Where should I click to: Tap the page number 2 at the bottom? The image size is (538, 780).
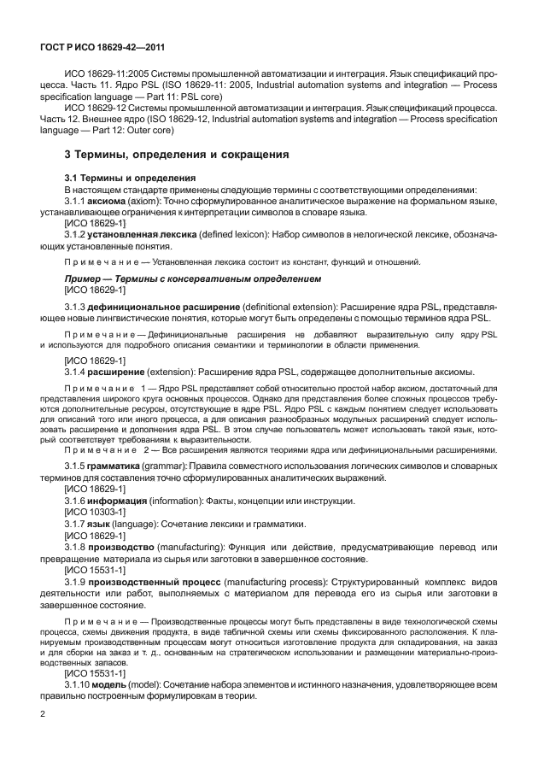click(43, 711)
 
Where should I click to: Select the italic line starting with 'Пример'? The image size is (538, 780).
click(192, 279)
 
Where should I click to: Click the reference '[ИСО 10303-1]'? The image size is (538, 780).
click(94, 510)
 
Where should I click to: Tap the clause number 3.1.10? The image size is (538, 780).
click(79, 687)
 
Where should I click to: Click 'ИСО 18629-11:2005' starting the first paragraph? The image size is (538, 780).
click(105, 73)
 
